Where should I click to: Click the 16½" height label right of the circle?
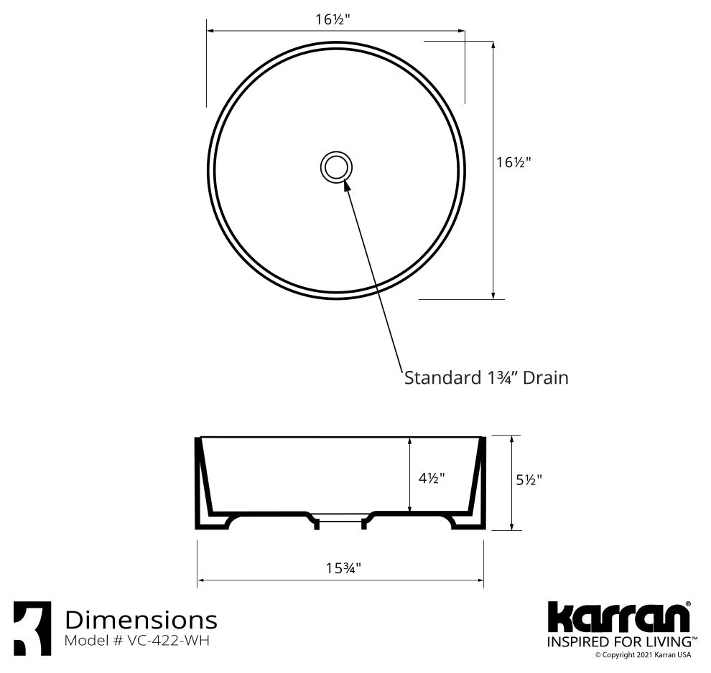click(513, 162)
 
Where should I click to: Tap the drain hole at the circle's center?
click(335, 166)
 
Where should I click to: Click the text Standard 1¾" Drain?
click(486, 377)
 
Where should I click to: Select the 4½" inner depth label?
click(432, 477)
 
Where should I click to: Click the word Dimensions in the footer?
click(141, 618)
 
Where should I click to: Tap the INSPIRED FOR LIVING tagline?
click(619, 641)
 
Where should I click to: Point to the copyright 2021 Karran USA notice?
click(643, 655)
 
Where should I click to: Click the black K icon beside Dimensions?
click(32, 628)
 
